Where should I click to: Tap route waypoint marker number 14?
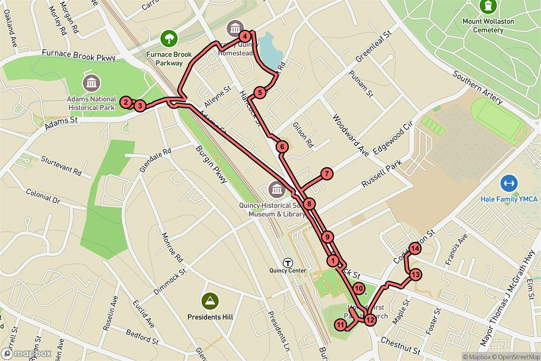click(415, 248)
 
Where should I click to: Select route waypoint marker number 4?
click(244, 36)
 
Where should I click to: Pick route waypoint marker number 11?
click(340, 325)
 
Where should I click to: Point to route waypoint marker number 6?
click(282, 146)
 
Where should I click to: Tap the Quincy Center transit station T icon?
click(287, 262)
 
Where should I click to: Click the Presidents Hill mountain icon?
click(210, 300)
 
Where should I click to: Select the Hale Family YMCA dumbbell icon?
click(509, 183)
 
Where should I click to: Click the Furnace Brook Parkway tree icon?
click(169, 37)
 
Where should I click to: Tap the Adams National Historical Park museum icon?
click(92, 83)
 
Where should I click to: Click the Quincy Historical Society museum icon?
click(276, 189)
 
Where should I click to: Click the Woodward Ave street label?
click(350, 134)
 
